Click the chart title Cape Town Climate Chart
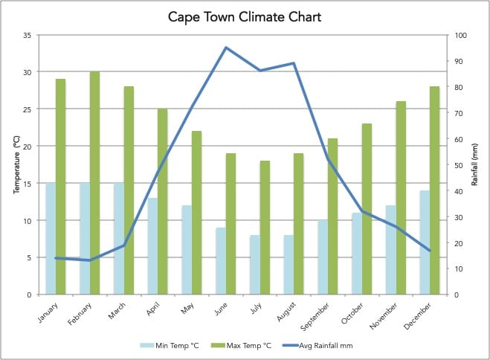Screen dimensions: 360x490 (245, 16)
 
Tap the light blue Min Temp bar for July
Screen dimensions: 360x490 (255, 265)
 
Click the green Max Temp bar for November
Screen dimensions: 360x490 (401, 198)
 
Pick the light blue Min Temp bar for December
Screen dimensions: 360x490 (425, 242)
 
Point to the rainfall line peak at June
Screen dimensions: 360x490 (226, 48)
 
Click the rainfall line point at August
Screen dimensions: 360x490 (294, 63)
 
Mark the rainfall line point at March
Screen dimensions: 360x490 (123, 245)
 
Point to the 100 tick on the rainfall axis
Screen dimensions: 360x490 (462, 35)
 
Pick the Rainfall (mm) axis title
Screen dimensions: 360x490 (474, 165)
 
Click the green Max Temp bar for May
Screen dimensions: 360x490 (196, 213)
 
